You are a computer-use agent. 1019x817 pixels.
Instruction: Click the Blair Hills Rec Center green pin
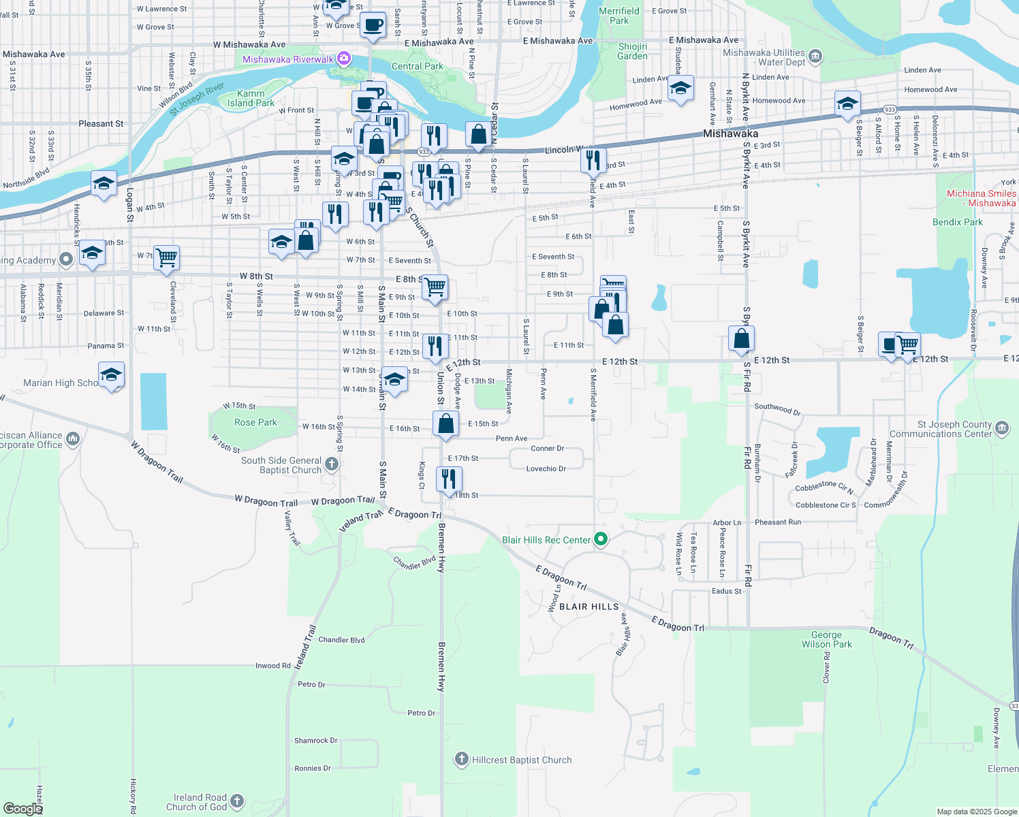601,540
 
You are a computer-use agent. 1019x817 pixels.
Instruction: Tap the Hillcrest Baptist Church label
522,760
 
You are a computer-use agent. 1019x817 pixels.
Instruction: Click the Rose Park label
255,422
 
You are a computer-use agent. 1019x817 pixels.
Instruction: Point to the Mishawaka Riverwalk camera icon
345,59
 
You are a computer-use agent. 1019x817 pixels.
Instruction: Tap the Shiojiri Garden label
632,51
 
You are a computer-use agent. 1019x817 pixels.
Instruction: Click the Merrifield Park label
619,16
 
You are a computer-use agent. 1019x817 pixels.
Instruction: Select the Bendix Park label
957,222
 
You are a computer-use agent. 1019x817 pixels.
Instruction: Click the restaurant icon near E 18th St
448,479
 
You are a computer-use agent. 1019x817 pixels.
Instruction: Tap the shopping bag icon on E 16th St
445,423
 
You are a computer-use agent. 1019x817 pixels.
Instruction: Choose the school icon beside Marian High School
111,374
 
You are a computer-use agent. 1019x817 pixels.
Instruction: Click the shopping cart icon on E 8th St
435,287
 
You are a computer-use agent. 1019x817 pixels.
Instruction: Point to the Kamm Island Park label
251,98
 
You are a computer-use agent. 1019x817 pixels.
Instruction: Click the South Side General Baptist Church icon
332,464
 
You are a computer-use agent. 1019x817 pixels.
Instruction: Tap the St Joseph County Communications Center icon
1001,428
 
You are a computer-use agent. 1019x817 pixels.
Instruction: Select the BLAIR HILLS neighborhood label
589,607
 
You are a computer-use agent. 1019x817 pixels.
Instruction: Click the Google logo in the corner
22,808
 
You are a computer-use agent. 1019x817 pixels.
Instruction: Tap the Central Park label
417,66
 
